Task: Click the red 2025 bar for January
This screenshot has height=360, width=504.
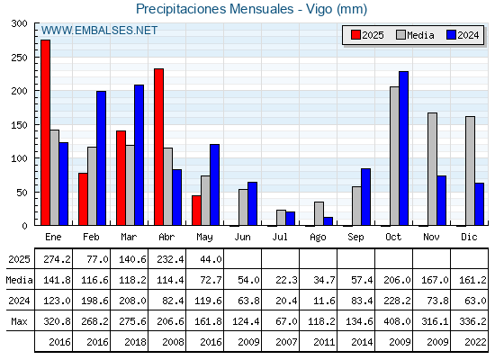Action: click(45, 132)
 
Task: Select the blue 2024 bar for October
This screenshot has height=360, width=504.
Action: click(404, 148)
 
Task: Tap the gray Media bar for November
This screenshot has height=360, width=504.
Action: click(432, 169)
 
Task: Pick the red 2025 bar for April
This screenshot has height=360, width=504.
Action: click(158, 147)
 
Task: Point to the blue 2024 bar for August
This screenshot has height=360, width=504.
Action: click(328, 221)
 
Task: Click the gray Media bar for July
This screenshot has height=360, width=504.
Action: click(281, 218)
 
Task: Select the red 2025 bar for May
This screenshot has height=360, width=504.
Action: click(196, 211)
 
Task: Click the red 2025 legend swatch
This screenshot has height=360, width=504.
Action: click(355, 35)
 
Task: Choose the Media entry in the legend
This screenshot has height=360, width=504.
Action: click(415, 35)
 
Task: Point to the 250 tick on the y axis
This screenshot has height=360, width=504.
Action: click(19, 58)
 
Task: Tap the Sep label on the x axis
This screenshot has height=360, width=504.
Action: click(355, 237)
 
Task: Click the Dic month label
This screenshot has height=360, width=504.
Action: click(469, 237)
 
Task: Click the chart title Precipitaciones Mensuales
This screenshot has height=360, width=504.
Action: click(215, 9)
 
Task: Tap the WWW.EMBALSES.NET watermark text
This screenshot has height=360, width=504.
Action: click(99, 31)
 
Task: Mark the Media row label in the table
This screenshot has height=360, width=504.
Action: click(19, 280)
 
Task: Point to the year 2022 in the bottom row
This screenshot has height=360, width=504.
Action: click(475, 342)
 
